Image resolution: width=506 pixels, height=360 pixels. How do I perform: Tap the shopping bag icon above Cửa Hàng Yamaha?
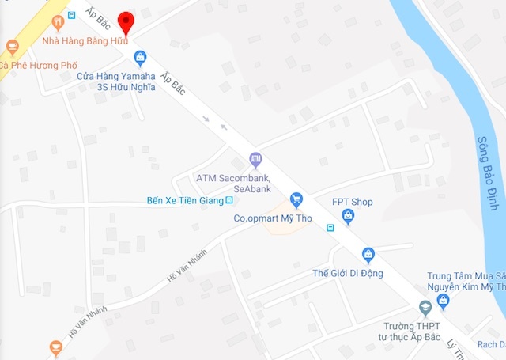click(140, 57)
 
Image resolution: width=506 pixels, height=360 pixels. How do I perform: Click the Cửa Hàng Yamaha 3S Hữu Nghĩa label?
click(115, 82)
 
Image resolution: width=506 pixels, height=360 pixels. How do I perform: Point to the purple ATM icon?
click(255, 160)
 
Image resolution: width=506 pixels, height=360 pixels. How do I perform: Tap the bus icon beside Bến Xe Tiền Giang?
click(229, 200)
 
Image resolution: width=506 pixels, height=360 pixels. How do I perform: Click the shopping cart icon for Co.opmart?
click(296, 199)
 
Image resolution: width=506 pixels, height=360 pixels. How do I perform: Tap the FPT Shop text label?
click(352, 202)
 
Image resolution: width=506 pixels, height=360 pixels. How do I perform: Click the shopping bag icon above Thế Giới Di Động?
click(368, 254)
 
